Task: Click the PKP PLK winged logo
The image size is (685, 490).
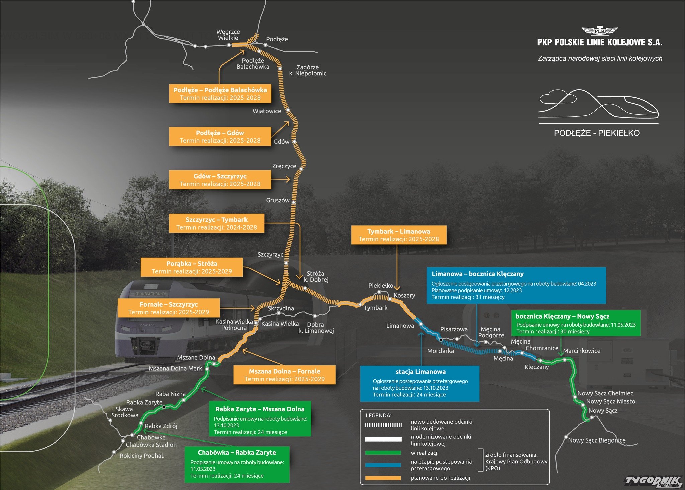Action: (600, 31)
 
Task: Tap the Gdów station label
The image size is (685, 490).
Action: (281, 142)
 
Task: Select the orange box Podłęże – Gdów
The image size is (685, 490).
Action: (220, 136)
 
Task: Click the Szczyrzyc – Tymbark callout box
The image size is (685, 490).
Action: (216, 223)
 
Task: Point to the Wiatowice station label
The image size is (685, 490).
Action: (267, 111)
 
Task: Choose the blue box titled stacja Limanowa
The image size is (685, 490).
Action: (419, 383)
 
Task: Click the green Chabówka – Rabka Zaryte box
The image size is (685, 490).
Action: (237, 464)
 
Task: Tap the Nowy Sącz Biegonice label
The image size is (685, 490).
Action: (597, 440)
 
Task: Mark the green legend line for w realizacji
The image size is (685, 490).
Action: (383, 453)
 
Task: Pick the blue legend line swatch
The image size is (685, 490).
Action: (383, 465)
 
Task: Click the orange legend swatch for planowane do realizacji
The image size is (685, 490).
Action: (383, 478)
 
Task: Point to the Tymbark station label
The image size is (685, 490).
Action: (376, 308)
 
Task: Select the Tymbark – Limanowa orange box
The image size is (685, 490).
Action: (399, 235)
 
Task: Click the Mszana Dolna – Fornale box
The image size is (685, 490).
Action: (284, 375)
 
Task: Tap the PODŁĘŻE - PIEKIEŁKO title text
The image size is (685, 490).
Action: (596, 133)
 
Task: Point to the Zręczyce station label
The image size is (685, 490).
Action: (284, 166)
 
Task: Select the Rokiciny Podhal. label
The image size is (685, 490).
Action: (142, 456)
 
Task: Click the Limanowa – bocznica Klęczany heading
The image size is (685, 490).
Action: (478, 274)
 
